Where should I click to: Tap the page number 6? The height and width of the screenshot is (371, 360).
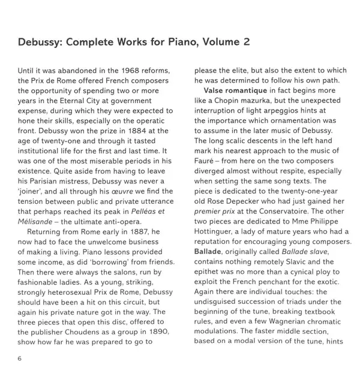point(20,358)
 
